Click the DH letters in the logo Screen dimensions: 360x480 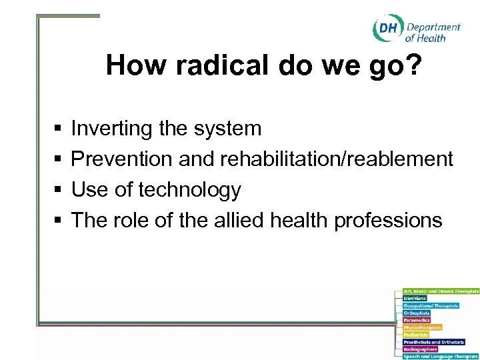click(387, 29)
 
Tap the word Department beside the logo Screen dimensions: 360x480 click(433, 27)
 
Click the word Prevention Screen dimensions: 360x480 click(122, 159)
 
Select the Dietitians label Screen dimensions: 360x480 click(415, 298)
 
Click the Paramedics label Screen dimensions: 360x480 click(417, 320)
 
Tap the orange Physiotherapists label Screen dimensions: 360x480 click(422, 327)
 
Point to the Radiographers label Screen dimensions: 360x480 click(420, 349)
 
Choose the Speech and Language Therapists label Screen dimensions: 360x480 click(441, 357)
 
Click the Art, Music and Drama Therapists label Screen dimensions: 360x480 click(441, 291)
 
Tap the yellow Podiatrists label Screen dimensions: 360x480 click(415, 335)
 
